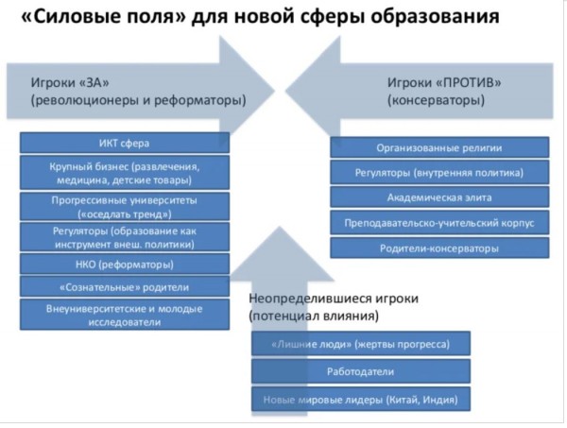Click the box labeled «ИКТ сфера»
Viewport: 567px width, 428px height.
(x=125, y=143)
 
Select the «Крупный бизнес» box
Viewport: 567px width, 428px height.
(x=125, y=173)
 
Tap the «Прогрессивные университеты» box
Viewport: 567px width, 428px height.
(x=125, y=207)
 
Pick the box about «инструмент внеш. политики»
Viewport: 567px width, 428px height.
(x=125, y=237)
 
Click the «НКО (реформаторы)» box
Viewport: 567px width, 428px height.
(x=125, y=265)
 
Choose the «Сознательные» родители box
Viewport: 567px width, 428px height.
(x=125, y=287)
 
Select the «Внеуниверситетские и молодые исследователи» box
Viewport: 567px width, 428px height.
(x=125, y=315)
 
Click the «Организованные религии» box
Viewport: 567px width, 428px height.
(x=439, y=147)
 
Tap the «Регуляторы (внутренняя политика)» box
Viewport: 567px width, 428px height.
(x=439, y=173)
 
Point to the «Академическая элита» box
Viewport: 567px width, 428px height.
(x=439, y=197)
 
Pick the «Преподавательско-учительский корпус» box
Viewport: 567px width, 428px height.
(x=439, y=223)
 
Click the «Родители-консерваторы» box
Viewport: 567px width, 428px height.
(x=439, y=248)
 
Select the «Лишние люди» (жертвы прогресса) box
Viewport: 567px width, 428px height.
(x=361, y=343)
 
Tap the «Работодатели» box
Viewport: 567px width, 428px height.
(x=361, y=371)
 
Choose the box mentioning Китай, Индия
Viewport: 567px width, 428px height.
(x=361, y=400)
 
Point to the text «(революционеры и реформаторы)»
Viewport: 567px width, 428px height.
(x=138, y=100)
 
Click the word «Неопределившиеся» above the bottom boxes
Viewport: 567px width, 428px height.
(x=310, y=299)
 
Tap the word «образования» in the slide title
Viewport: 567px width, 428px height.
(x=435, y=16)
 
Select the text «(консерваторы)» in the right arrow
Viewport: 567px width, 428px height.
(x=436, y=100)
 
